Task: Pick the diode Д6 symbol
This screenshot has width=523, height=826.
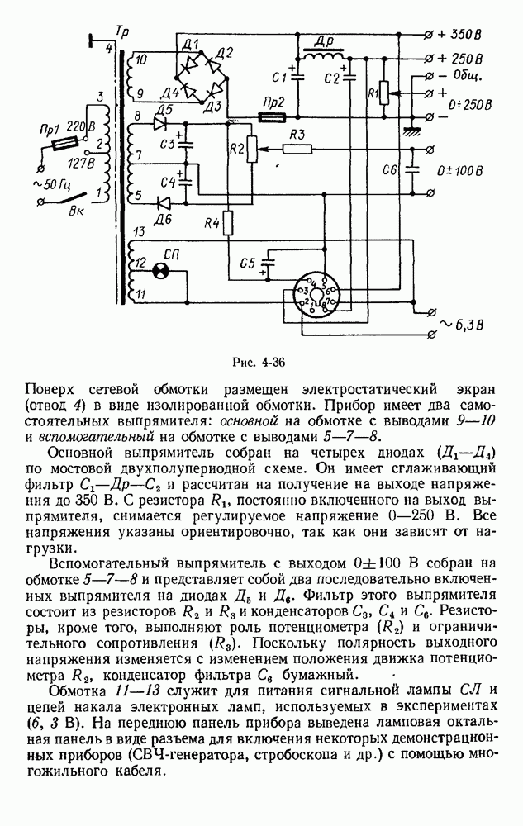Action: pyautogui.click(x=164, y=201)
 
